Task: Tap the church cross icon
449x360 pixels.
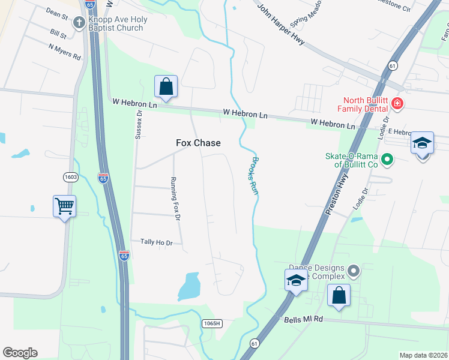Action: [79, 23]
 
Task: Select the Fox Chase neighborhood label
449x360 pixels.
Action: [198, 143]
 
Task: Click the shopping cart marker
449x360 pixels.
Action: [64, 207]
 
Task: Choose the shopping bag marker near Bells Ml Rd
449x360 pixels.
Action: [339, 296]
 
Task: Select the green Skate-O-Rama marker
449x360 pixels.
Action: [387, 160]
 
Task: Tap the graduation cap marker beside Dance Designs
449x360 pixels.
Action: [296, 281]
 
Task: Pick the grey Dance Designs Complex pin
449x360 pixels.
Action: [354, 272]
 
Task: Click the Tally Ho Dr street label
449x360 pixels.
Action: [156, 242]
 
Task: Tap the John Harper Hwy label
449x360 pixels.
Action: [280, 25]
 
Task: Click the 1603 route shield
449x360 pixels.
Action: [71, 176]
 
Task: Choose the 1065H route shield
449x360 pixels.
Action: [212, 323]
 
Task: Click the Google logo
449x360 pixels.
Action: [20, 353]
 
